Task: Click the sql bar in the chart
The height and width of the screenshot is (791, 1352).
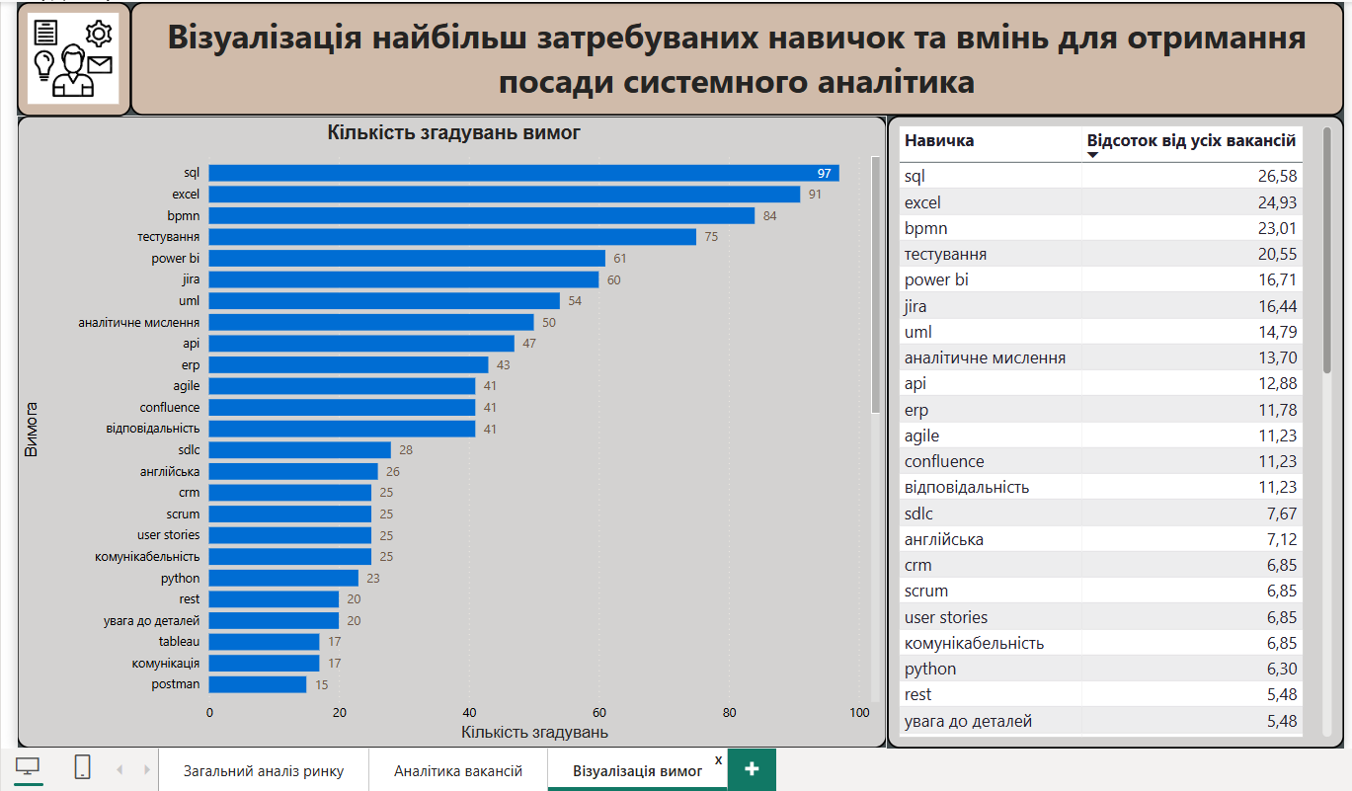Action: coord(523,173)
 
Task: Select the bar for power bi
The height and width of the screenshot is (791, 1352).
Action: coord(407,258)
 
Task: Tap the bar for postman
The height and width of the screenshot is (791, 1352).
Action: coord(258,684)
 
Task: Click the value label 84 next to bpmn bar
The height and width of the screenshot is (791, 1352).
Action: coord(770,215)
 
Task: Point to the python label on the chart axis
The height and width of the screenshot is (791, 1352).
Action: coord(181,578)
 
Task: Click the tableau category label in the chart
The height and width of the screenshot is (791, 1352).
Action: coord(179,642)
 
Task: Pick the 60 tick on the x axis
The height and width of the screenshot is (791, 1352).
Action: coord(599,712)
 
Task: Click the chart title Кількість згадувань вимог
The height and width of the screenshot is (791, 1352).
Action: coord(454,132)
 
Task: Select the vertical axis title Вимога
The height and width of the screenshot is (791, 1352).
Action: coord(32,429)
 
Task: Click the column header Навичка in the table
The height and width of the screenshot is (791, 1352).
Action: coord(939,140)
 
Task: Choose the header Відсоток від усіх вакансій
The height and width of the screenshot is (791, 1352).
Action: coord(1191,141)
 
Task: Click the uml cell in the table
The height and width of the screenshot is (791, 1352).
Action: coord(918,332)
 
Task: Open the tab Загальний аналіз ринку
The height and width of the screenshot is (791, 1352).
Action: coord(264,771)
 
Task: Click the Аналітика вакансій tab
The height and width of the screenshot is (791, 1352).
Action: coord(458,771)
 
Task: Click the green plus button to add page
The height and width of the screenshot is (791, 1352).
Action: coord(752,770)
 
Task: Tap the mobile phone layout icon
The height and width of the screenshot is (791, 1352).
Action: coord(83,767)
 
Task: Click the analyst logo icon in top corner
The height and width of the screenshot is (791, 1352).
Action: coord(73,58)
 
